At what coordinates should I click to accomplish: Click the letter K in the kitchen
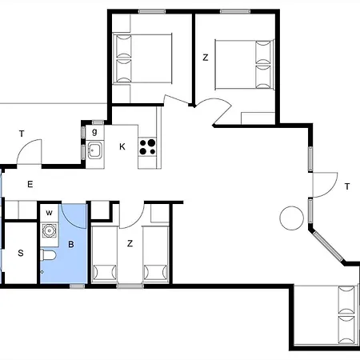click(x=122, y=146)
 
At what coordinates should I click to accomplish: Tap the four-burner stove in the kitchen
click(x=148, y=147)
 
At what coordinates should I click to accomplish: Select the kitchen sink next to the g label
click(x=95, y=149)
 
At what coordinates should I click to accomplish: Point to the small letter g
click(x=94, y=131)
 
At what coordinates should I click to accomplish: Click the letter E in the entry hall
click(x=30, y=185)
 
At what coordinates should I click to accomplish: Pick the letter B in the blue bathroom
click(x=70, y=244)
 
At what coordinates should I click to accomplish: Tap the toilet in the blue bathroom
click(x=49, y=257)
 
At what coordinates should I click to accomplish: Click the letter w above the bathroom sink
click(x=49, y=213)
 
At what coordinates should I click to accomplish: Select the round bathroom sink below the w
click(x=50, y=232)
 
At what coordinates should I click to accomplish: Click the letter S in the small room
click(x=20, y=254)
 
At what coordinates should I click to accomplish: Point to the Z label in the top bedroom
click(x=206, y=58)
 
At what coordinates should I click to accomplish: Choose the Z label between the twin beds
click(x=130, y=243)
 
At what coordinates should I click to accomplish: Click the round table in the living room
click(x=290, y=217)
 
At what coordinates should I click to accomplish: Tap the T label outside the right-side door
click(x=347, y=186)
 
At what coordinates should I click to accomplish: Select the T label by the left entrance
click(x=22, y=134)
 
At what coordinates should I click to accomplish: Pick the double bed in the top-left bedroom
click(x=144, y=58)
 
